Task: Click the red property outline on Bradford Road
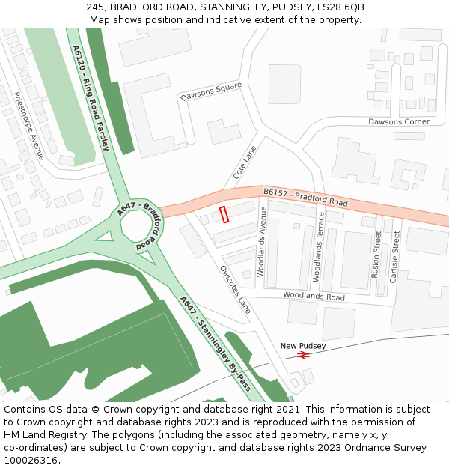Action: click(224, 214)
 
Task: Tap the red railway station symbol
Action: click(303, 355)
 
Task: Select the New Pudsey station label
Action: click(303, 345)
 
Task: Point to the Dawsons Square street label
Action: click(211, 92)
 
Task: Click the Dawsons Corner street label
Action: click(399, 121)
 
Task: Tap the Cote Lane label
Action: click(245, 162)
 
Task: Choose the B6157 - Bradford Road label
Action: click(305, 198)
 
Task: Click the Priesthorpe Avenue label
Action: click(29, 126)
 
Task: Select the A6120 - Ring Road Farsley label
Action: click(91, 97)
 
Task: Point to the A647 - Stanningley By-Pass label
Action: click(215, 343)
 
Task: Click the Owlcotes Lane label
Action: click(235, 289)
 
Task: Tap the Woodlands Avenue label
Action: click(263, 242)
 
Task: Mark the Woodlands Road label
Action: click(314, 297)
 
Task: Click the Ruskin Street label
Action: click(376, 255)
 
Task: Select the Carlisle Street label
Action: click(394, 255)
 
